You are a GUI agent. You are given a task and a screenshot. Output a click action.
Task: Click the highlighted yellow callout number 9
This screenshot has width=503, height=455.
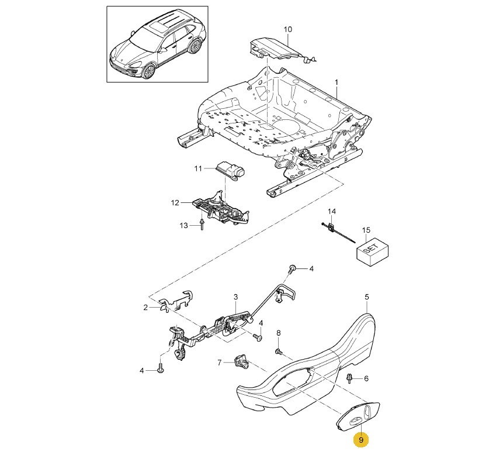361,439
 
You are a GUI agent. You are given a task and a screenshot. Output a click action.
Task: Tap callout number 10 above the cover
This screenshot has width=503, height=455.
287,29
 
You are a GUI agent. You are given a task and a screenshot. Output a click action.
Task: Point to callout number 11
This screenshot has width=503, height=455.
197,168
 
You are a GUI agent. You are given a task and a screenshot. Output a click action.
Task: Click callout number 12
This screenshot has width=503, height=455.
175,203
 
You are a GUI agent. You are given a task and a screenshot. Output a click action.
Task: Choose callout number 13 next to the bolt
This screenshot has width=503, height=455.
183,225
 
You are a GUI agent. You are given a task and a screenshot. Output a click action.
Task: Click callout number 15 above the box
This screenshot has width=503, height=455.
366,229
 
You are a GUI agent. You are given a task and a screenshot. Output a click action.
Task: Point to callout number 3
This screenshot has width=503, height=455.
235,297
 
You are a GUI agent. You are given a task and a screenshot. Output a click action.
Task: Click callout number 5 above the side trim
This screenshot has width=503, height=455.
366,297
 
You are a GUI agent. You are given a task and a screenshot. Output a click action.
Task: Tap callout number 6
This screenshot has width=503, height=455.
366,378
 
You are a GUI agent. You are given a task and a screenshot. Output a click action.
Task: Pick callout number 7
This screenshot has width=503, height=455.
220,363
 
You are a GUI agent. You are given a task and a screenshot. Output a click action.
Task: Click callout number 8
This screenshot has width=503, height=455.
278,333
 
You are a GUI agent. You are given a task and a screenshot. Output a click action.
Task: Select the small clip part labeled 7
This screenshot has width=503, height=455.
241,362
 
